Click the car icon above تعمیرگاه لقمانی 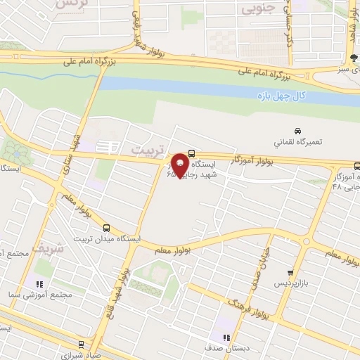[297, 131]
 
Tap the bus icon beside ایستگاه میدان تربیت [107, 227]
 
